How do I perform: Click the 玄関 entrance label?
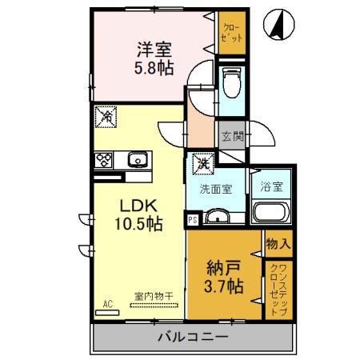click(231, 137)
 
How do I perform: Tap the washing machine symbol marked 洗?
click(203, 163)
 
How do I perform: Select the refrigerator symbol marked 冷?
click(106, 117)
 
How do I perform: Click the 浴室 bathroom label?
click(271, 189)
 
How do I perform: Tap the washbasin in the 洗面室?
click(217, 216)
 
